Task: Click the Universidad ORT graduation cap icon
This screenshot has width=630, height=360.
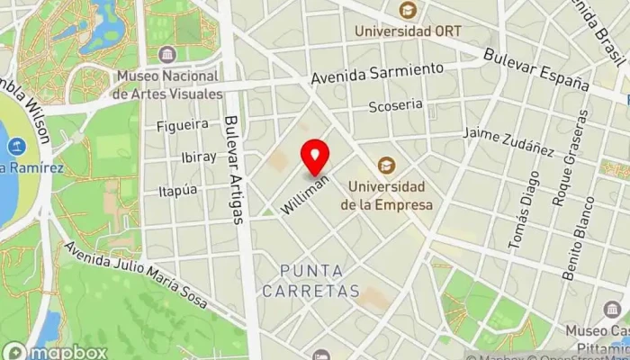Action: (x=408, y=11)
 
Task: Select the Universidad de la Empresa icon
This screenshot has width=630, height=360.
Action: (x=387, y=165)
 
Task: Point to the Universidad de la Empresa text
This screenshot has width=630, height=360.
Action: (x=386, y=195)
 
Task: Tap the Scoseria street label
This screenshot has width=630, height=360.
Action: (x=395, y=105)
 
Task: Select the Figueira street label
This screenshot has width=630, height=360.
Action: (x=182, y=124)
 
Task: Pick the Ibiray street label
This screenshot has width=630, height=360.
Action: (x=198, y=157)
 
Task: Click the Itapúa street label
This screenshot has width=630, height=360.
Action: (x=177, y=190)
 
